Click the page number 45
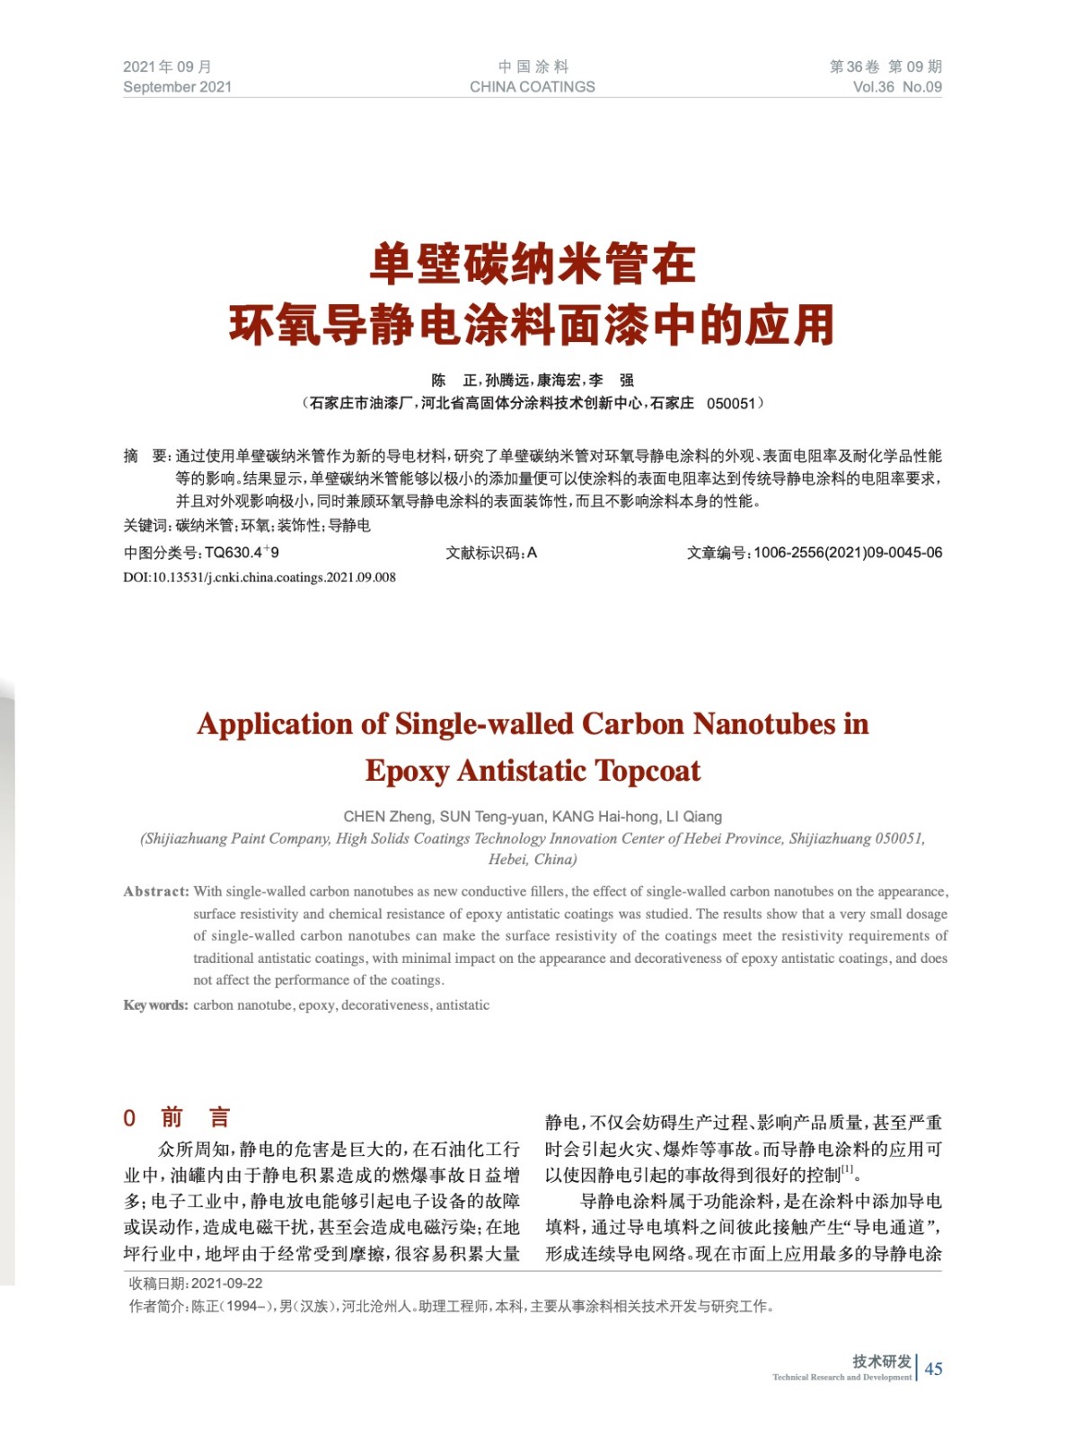tap(933, 1368)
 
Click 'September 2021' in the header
tap(177, 87)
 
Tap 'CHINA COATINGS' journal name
tap(532, 87)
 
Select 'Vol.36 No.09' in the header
tap(896, 87)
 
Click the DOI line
tap(259, 577)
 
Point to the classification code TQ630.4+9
tap(242, 553)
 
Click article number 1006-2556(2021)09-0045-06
tap(847, 553)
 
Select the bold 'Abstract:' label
tap(156, 891)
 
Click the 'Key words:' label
tap(155, 1005)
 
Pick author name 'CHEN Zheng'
tap(387, 817)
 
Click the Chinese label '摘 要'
tap(146, 456)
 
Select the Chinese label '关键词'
tap(145, 526)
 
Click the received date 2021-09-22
tap(226, 1283)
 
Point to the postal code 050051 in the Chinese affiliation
tap(731, 404)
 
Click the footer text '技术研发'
tap(881, 1362)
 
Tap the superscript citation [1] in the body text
tap(847, 1169)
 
